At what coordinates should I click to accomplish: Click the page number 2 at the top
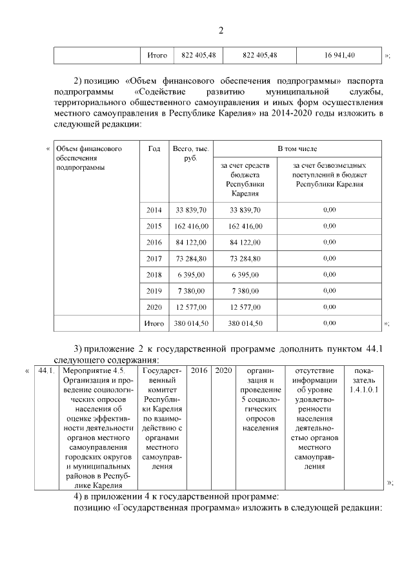pyautogui.click(x=221, y=30)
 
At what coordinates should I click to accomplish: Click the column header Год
pyautogui.click(x=154, y=148)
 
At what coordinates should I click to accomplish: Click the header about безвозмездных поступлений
pyautogui.click(x=329, y=175)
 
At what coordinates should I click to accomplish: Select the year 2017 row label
pyautogui.click(x=154, y=258)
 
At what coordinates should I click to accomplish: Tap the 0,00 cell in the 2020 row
pyautogui.click(x=329, y=307)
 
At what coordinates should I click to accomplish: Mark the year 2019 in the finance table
pyautogui.click(x=154, y=290)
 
